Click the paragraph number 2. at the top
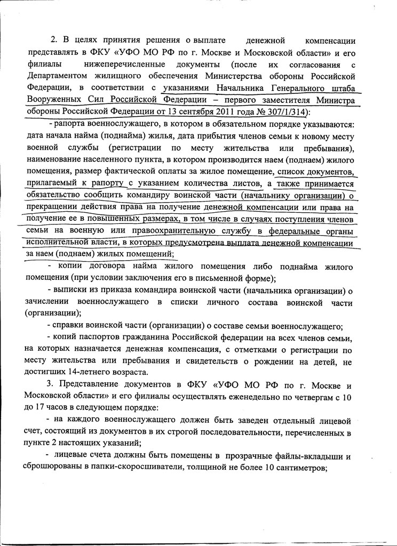point(53,40)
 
